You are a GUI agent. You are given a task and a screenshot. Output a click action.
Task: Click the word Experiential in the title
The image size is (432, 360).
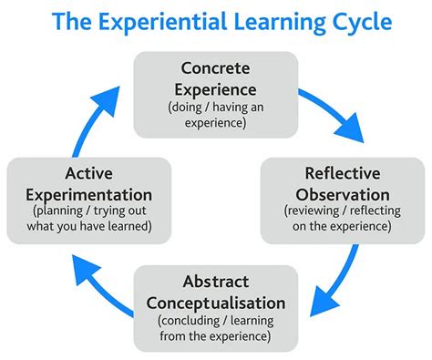click(170, 21)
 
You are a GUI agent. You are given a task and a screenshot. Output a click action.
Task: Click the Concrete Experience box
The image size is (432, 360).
click(216, 94)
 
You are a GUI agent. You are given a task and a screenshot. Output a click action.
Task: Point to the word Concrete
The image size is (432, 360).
click(216, 67)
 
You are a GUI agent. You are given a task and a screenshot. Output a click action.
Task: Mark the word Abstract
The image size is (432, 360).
click(216, 282)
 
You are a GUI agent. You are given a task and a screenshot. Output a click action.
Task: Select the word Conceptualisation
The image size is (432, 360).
click(215, 302)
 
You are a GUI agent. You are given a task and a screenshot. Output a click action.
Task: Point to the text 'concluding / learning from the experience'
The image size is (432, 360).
click(215, 329)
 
